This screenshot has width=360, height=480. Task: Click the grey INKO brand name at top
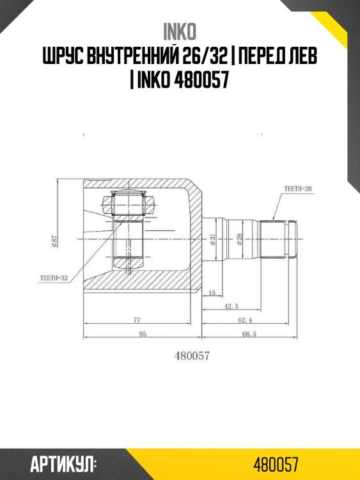(x=180, y=32)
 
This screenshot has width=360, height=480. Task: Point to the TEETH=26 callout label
(x=297, y=189)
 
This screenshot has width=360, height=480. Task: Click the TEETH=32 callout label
(x=54, y=278)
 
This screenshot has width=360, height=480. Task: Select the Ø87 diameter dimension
(x=54, y=241)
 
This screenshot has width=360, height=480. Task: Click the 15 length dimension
(x=212, y=293)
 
